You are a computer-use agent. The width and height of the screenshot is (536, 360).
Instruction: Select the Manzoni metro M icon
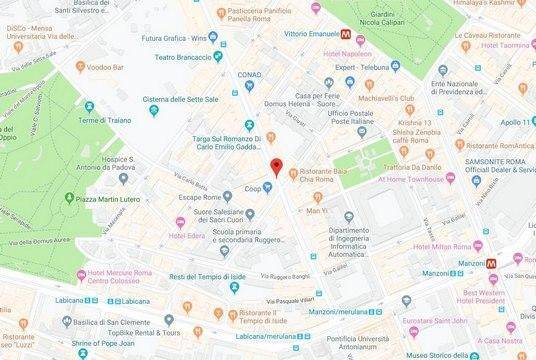coord(490,262)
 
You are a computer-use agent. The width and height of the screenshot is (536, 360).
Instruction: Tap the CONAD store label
coord(248,74)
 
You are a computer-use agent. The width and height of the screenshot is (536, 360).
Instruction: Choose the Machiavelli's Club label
coord(396,97)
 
